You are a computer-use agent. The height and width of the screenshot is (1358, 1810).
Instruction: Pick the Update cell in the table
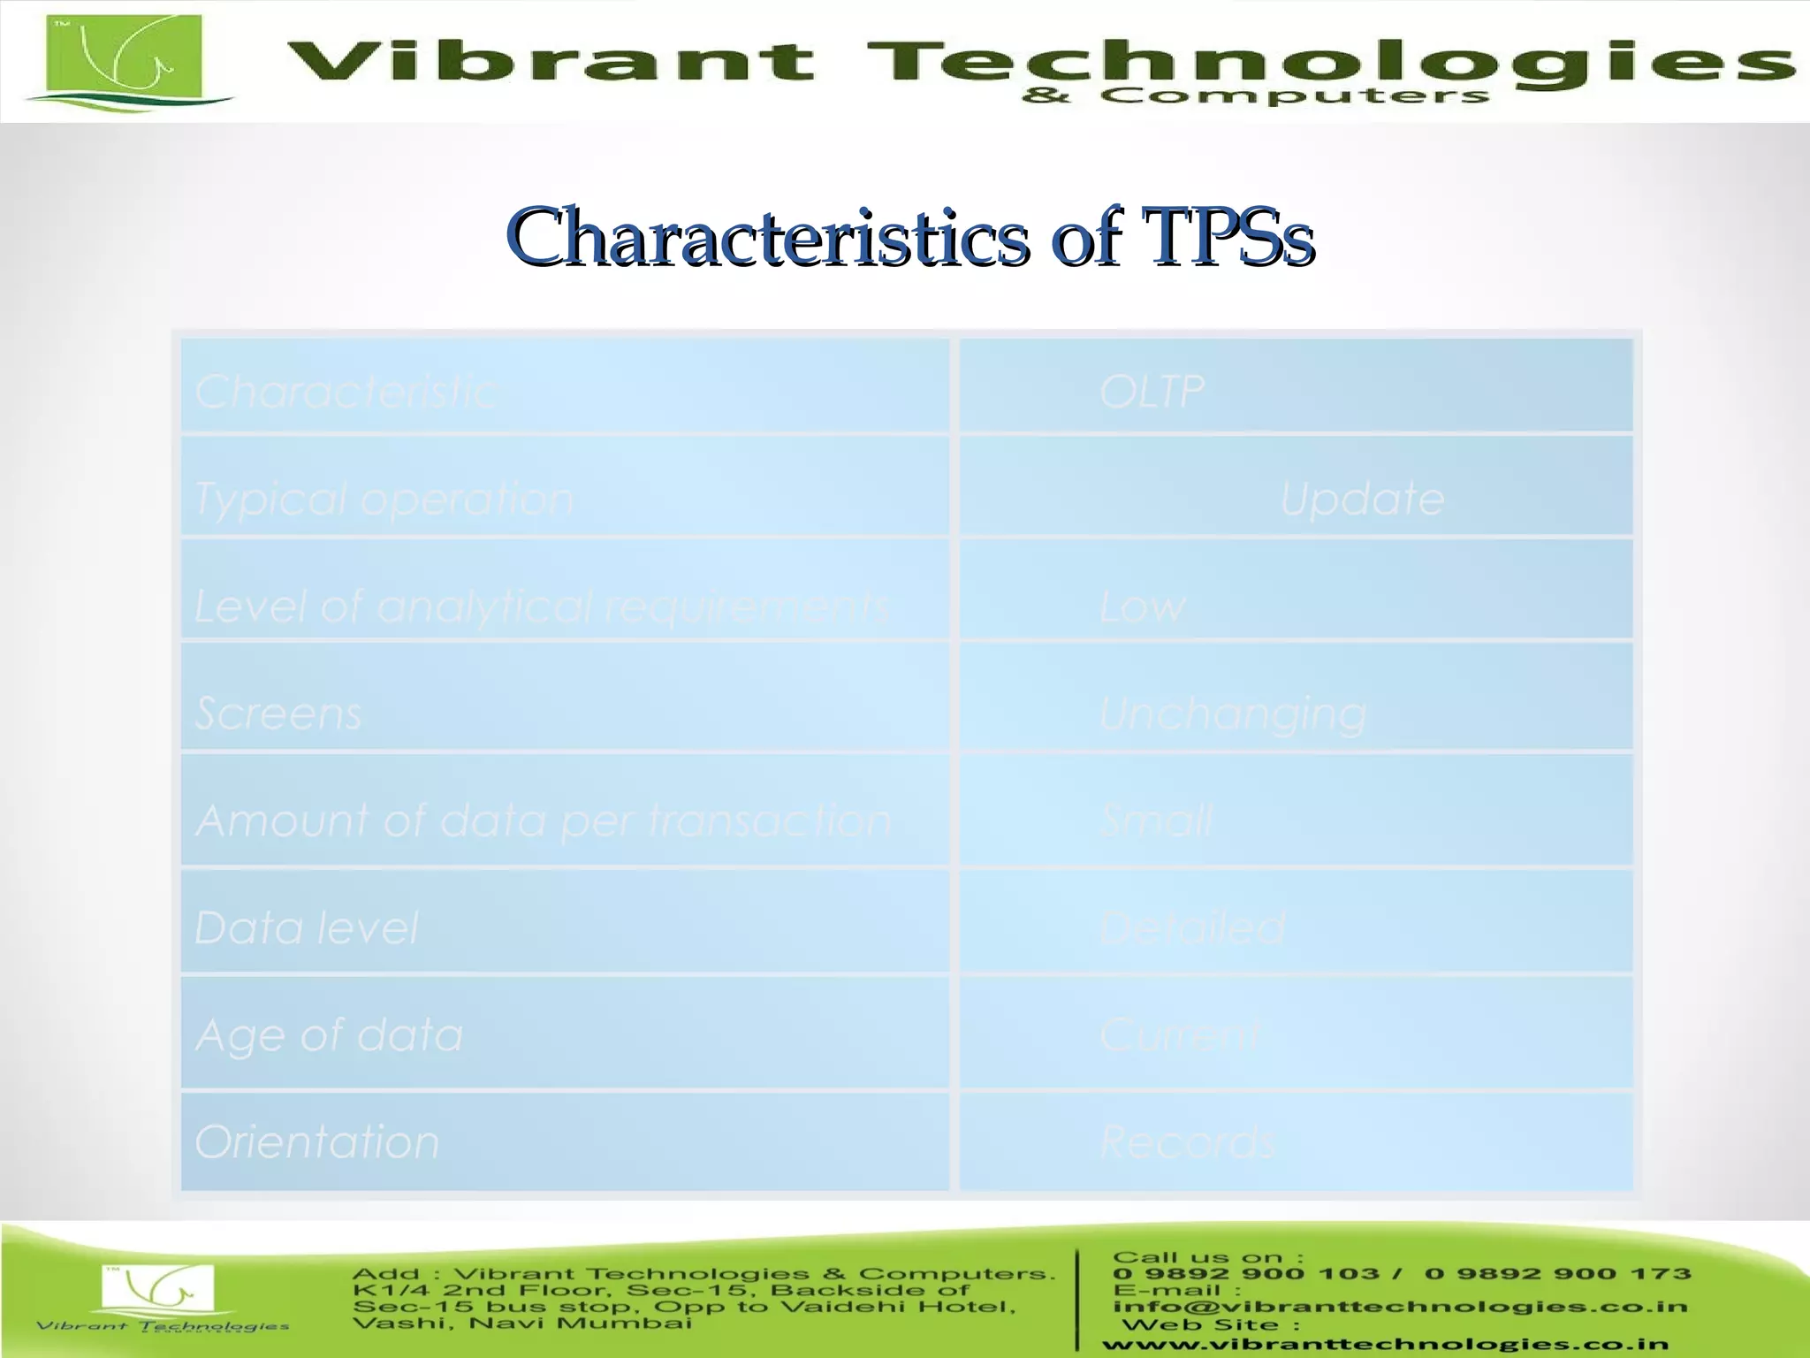(x=1362, y=499)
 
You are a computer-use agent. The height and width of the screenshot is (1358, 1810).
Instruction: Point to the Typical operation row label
(x=384, y=499)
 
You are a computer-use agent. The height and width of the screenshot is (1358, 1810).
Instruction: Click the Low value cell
(x=1142, y=607)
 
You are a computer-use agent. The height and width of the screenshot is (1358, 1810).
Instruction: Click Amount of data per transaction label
(x=543, y=820)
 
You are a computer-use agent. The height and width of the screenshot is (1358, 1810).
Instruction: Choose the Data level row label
(x=306, y=927)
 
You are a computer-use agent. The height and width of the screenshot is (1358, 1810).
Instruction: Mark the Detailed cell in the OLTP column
(x=1192, y=927)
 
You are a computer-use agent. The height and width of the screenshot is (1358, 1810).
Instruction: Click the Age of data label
(x=329, y=1034)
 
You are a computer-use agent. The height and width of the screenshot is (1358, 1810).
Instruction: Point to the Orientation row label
(x=316, y=1141)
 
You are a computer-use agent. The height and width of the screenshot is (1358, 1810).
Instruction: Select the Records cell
(x=1188, y=1141)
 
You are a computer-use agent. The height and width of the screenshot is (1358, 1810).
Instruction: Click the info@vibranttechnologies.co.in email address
(x=1399, y=1307)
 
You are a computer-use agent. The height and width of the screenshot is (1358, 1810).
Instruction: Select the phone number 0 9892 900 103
(x=1245, y=1274)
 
